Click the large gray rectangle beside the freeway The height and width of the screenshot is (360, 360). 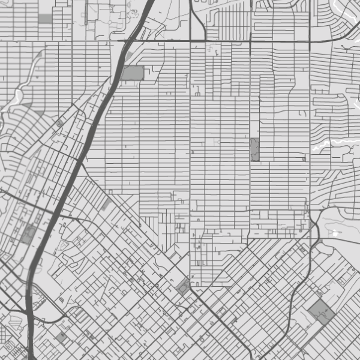pyautogui.click(x=133, y=73)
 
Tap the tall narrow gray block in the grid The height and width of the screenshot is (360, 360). pyautogui.click(x=254, y=149)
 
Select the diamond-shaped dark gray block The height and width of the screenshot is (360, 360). pyautogui.click(x=322, y=313)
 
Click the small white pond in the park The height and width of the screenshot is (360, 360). pyautogui.click(x=334, y=233)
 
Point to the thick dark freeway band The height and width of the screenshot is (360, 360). pyautogui.click(x=72, y=174)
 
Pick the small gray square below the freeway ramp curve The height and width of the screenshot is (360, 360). pyautogui.click(x=61, y=337)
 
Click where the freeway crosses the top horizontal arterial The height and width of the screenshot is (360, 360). pyautogui.click(x=128, y=41)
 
